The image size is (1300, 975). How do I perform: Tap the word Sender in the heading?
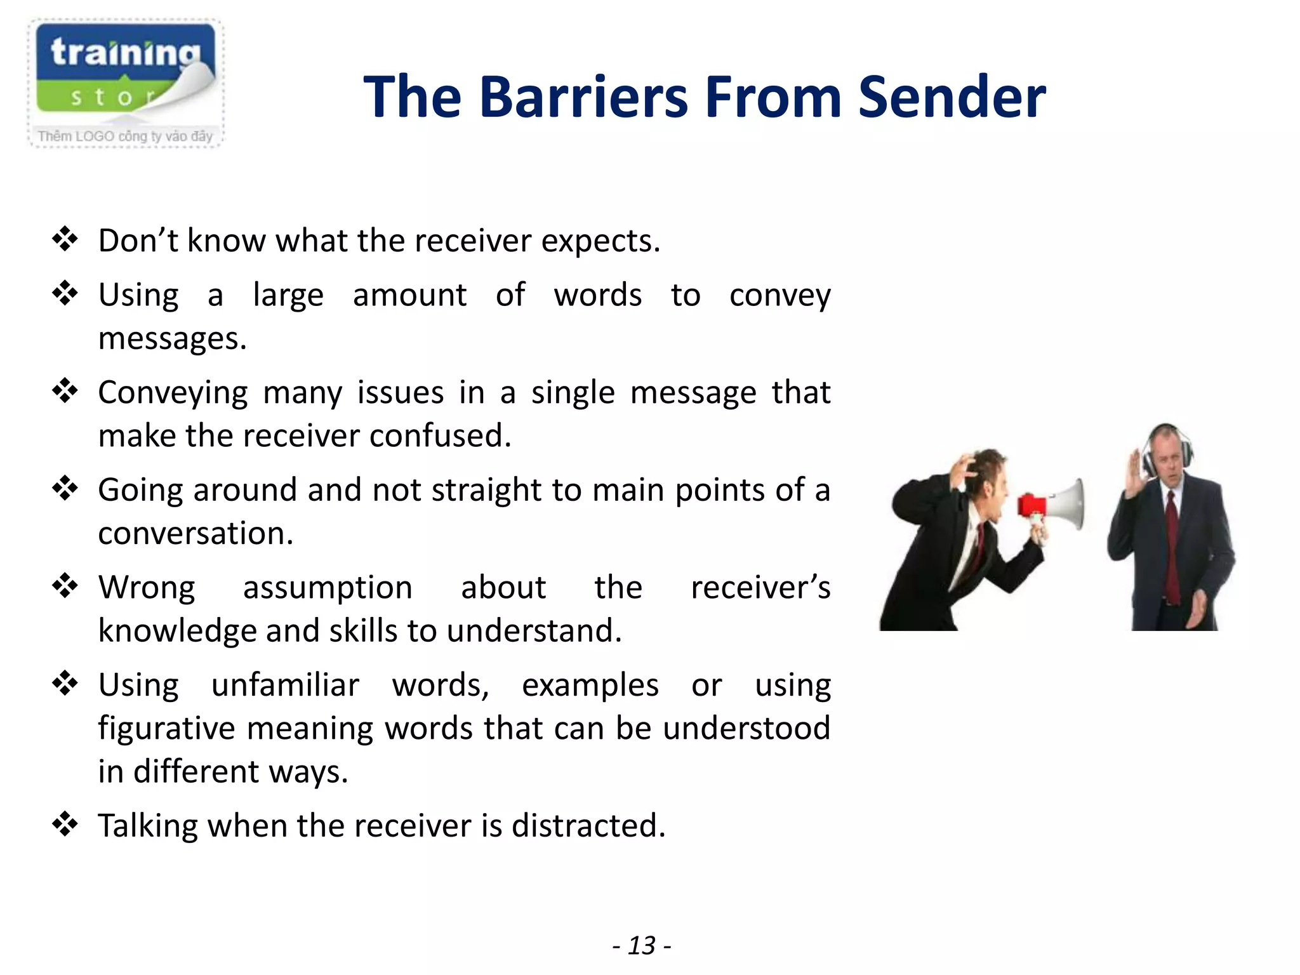point(952,97)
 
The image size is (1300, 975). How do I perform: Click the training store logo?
point(126,83)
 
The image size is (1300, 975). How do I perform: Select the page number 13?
point(641,945)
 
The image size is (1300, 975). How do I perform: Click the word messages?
point(172,338)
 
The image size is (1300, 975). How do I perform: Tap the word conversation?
point(196,533)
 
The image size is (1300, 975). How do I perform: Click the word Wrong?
point(147,587)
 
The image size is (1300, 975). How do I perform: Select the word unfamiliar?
point(285,685)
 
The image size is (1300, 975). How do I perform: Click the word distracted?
point(588,826)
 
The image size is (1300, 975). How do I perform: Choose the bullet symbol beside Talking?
point(65,824)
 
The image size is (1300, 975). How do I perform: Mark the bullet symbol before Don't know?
point(65,239)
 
